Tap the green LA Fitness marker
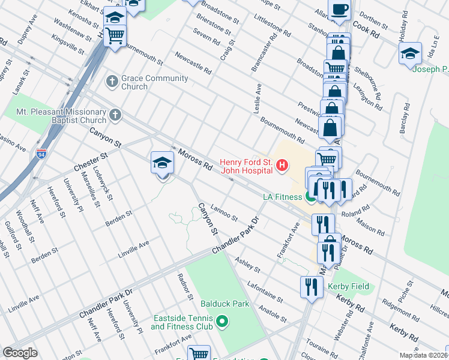(x=311, y=196)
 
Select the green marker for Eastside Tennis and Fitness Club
(x=223, y=322)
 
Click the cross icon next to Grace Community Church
(x=112, y=80)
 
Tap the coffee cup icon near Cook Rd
(x=339, y=10)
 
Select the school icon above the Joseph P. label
(x=410, y=53)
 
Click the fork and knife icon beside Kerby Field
(x=311, y=287)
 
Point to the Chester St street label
(x=89, y=160)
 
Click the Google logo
(x=20, y=353)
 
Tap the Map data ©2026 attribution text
(x=423, y=355)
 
